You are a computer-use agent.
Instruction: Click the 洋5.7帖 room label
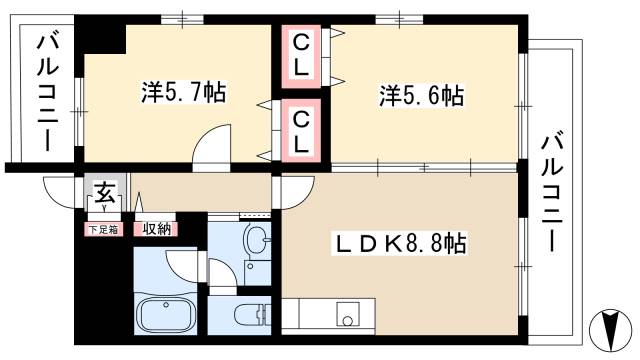(x=183, y=93)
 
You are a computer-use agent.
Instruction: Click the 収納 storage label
(x=155, y=229)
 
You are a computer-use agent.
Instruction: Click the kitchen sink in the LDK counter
(x=349, y=313)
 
